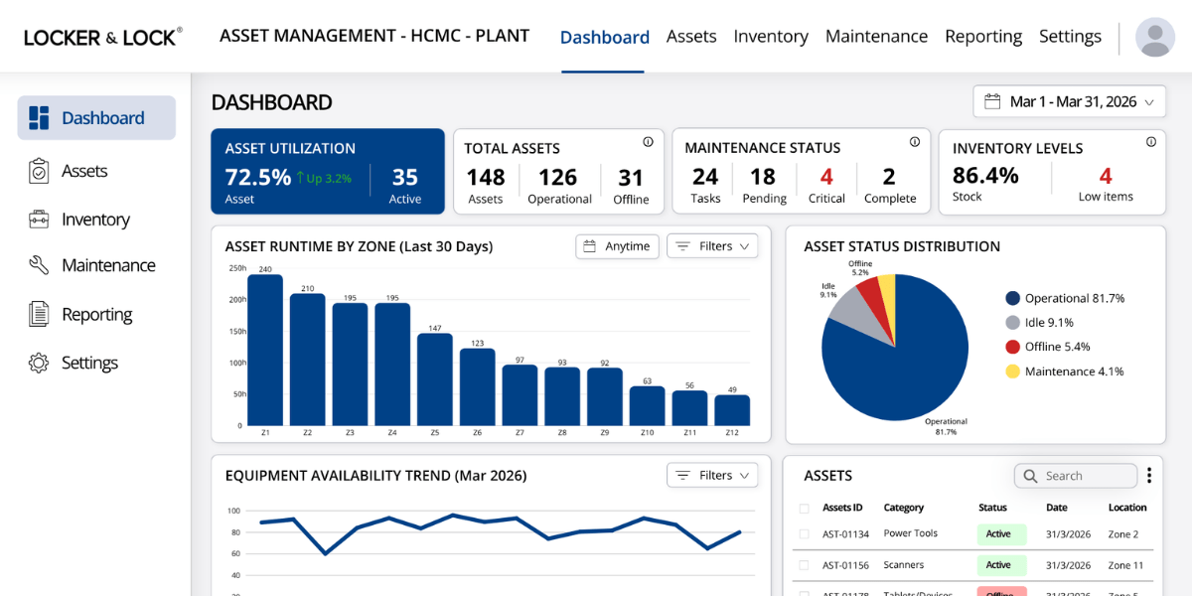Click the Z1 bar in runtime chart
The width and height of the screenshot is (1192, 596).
(x=265, y=350)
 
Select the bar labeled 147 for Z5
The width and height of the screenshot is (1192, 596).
(x=435, y=379)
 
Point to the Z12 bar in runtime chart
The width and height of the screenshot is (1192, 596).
(x=732, y=410)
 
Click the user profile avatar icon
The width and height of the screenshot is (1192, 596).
(x=1154, y=37)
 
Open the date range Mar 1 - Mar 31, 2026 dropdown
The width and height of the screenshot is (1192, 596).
(x=1069, y=101)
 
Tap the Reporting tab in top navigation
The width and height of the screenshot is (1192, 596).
(x=982, y=37)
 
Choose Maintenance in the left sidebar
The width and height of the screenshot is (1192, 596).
(x=107, y=265)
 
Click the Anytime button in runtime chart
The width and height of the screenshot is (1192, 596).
(x=617, y=246)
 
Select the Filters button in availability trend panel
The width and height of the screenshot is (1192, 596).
(x=712, y=476)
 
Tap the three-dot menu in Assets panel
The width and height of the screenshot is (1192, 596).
(x=1149, y=476)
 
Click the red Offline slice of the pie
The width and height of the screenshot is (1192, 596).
(x=871, y=293)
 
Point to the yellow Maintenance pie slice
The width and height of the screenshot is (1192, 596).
(x=887, y=290)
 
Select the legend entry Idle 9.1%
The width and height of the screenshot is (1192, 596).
(x=1049, y=322)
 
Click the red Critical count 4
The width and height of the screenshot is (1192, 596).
(x=826, y=177)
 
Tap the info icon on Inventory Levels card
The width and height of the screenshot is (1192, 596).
(x=1151, y=142)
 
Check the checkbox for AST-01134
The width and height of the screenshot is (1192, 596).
(x=805, y=534)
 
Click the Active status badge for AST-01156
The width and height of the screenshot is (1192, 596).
(x=998, y=565)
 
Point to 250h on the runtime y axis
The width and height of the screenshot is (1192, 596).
(x=237, y=268)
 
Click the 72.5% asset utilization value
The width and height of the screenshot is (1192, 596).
(x=258, y=177)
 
